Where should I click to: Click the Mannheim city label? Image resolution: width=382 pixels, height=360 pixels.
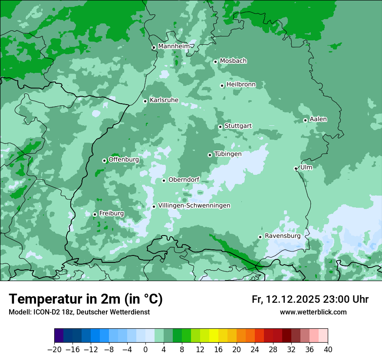coord(174,46)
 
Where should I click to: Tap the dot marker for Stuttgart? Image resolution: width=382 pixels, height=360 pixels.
coord(220,127)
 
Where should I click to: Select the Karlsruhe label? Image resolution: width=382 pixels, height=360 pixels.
coord(164,100)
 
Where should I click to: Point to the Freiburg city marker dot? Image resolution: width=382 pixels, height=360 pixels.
coord(95,214)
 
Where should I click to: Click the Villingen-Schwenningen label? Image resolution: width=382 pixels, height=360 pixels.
coord(194,206)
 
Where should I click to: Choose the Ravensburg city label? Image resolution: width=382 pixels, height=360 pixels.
coord(283,236)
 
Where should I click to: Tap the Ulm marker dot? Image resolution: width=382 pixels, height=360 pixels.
coord(296,168)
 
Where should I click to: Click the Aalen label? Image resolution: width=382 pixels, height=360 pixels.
coord(318,119)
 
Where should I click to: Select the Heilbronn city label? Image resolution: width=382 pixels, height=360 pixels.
coord(241,85)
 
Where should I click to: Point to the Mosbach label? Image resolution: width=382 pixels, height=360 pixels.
coord(233,61)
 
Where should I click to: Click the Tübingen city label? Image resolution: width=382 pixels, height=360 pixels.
coord(228,154)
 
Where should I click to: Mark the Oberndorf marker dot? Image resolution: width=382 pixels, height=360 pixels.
coord(164,180)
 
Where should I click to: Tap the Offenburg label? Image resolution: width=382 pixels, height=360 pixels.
coord(124,160)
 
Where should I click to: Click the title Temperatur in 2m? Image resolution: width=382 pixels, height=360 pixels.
coord(86,299)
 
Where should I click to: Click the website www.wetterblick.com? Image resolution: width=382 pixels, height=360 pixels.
coord(313,312)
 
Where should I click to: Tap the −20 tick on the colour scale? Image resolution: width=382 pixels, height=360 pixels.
coord(54,350)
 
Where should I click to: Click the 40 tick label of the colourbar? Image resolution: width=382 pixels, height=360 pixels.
coord(328,350)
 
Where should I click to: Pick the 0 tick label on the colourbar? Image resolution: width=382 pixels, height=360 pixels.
coord(145,350)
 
